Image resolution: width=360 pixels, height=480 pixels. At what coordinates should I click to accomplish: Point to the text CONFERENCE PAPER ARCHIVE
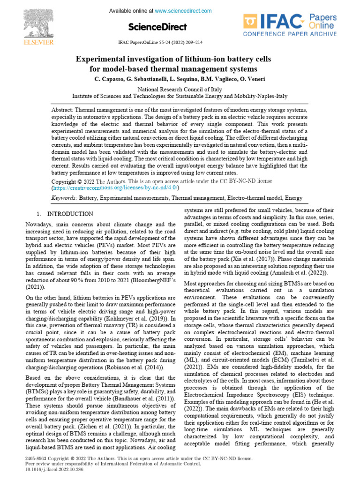tap(290, 34)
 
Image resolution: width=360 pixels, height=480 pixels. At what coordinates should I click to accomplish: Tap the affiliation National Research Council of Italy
tap(180, 89)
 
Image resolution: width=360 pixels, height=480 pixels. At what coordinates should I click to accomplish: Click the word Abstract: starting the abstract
tap(62, 109)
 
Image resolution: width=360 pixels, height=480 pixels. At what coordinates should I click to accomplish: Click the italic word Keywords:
tap(64, 199)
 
